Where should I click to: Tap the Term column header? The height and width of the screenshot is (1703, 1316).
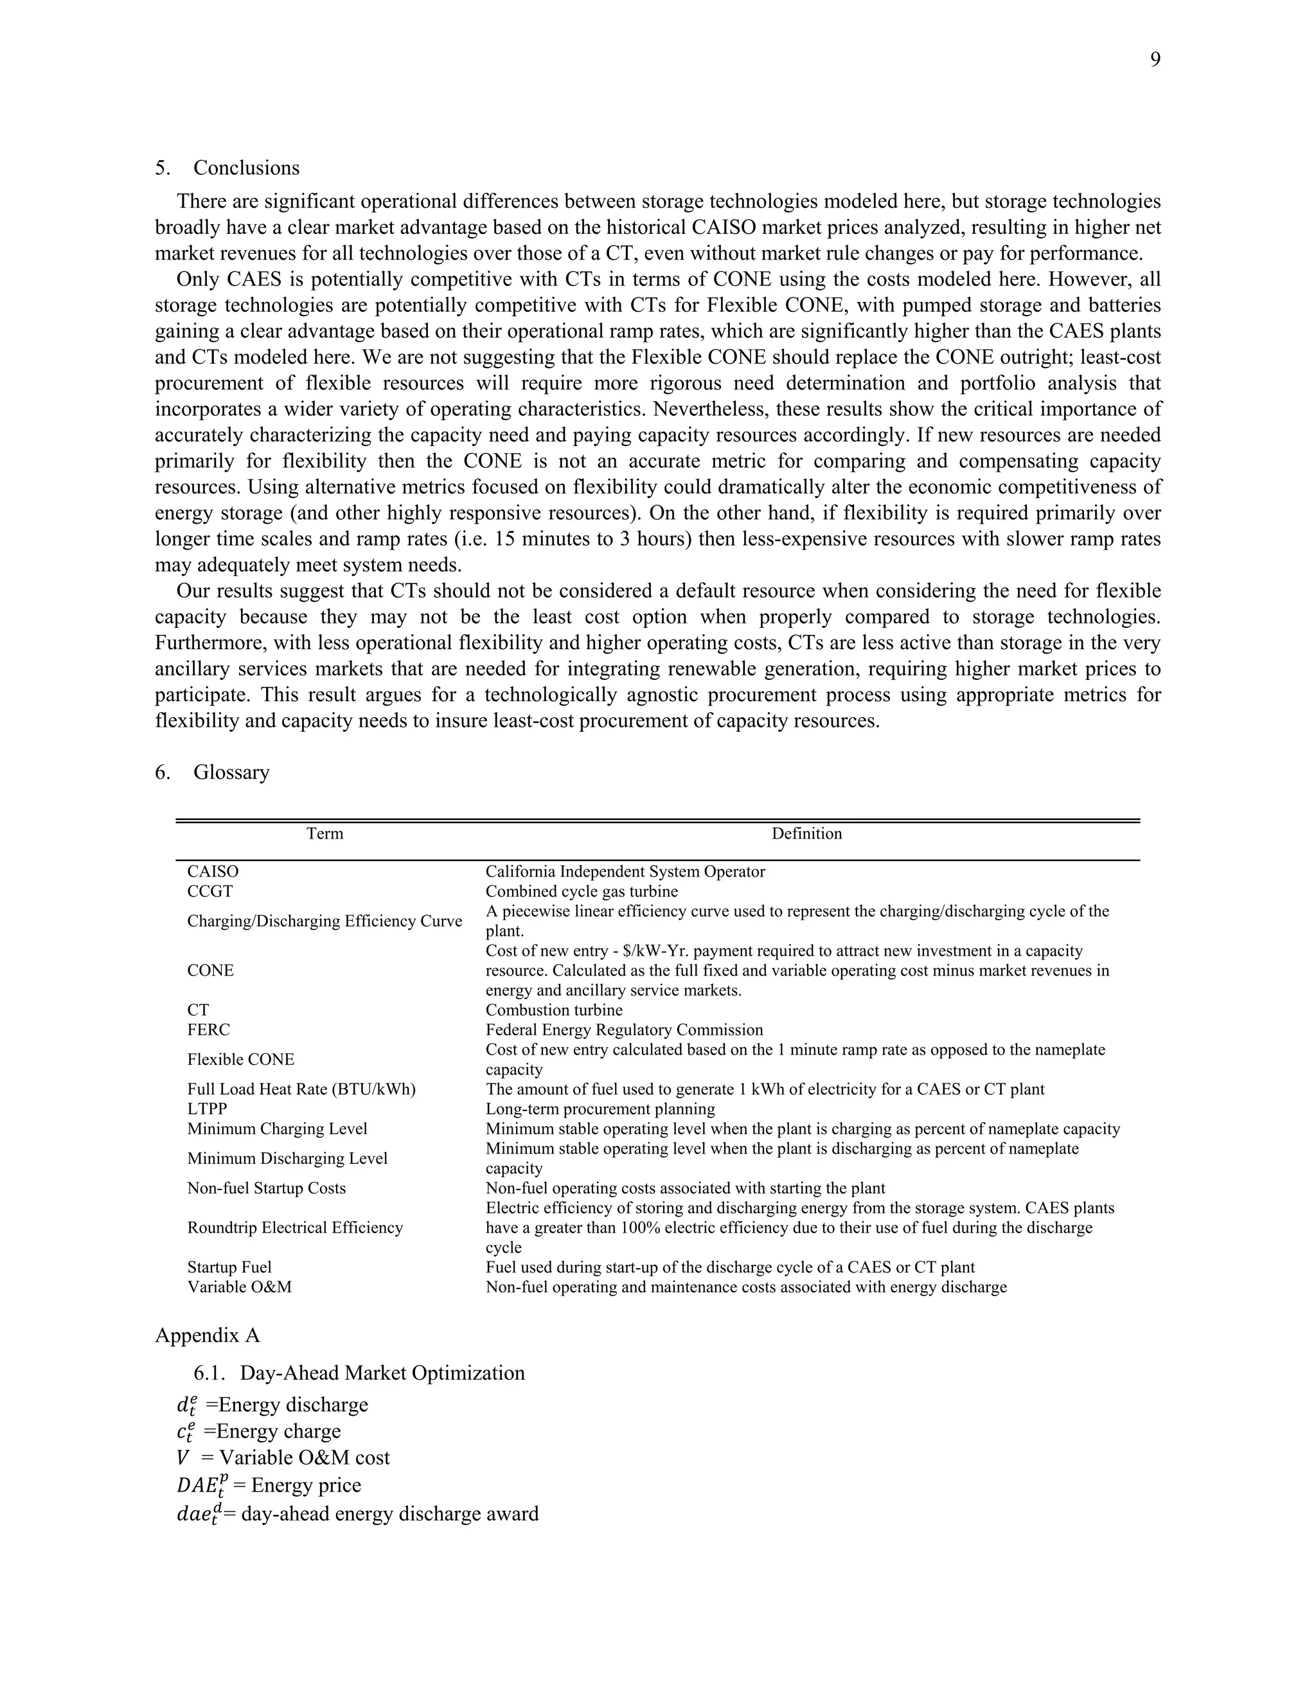[325, 834]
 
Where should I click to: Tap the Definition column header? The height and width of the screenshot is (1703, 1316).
[806, 834]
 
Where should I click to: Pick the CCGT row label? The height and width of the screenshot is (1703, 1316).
[209, 891]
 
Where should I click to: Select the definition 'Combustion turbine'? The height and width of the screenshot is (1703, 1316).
[553, 1010]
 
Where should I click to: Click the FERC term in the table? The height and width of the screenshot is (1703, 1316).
[208, 1030]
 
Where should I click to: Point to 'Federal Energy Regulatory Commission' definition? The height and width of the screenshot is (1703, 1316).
[624, 1030]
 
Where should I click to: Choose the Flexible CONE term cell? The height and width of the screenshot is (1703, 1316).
[240, 1060]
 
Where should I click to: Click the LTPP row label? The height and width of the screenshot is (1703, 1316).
[207, 1109]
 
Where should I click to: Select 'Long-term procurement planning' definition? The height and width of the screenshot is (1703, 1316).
[600, 1109]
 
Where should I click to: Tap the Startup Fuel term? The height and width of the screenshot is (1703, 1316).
[229, 1267]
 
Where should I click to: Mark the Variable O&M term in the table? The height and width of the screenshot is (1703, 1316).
[238, 1287]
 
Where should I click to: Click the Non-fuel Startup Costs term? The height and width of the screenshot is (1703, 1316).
[266, 1188]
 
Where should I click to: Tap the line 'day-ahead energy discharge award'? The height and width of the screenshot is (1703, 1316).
[358, 1513]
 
